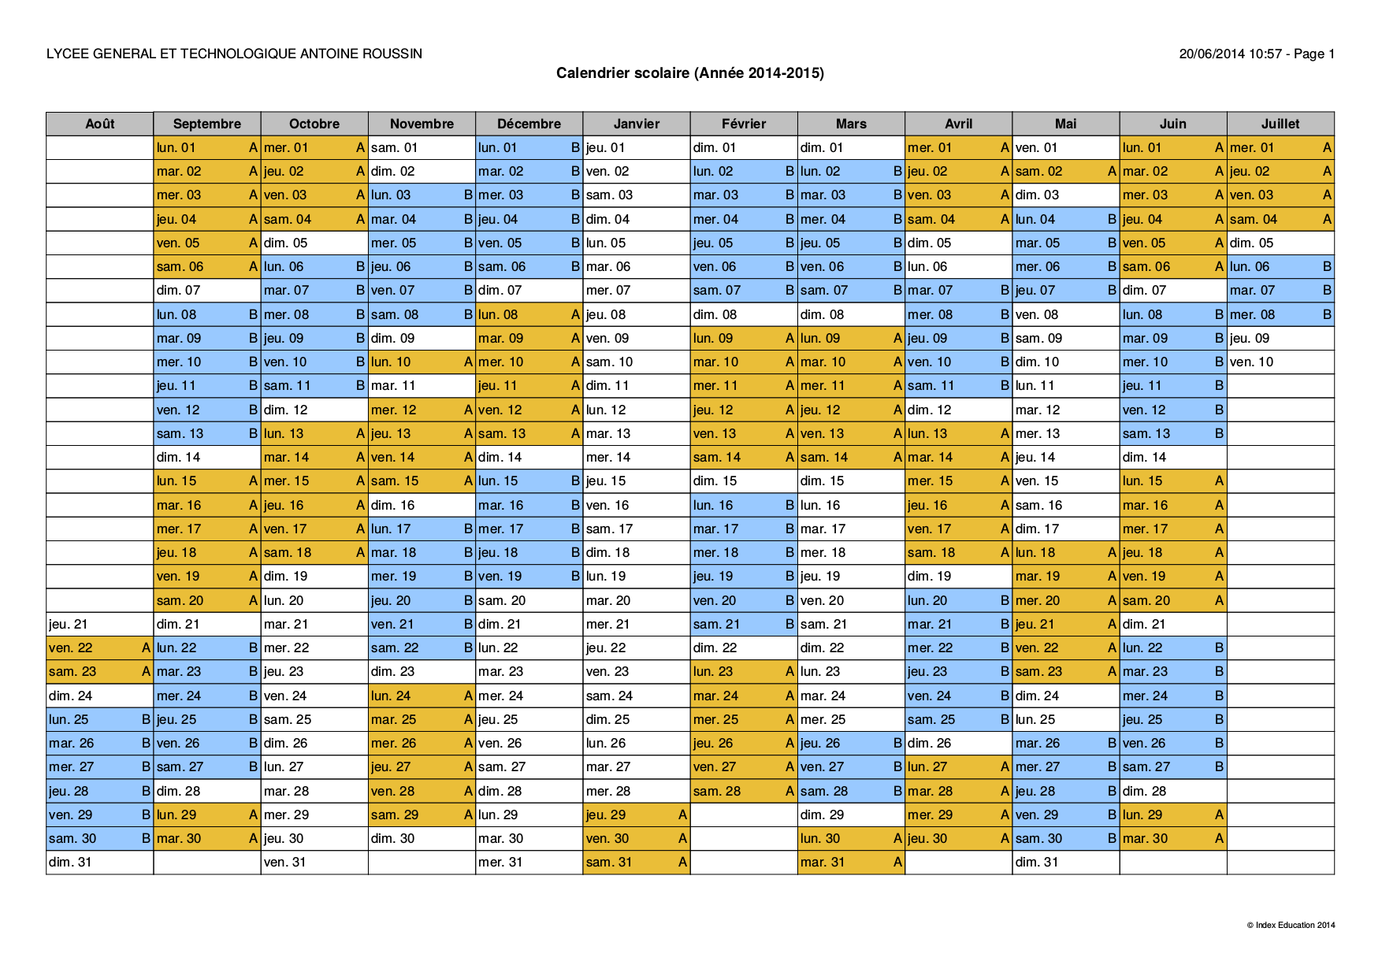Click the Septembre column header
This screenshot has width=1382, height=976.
point(206,124)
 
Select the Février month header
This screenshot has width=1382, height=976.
point(743,124)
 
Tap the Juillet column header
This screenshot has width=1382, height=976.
point(1280,124)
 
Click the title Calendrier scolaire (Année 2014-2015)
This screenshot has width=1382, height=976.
point(690,73)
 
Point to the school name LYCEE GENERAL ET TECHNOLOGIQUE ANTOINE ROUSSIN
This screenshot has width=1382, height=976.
point(234,54)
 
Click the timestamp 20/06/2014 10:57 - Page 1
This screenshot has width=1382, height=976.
point(1256,54)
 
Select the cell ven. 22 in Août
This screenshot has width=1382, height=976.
point(99,648)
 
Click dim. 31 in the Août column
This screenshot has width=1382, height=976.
point(99,862)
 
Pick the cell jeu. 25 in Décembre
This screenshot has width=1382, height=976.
point(529,719)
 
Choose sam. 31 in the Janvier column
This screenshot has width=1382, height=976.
point(636,862)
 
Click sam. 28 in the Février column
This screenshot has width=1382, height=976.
point(743,791)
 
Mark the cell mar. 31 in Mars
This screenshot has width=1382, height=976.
point(851,862)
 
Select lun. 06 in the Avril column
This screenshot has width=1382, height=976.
point(958,266)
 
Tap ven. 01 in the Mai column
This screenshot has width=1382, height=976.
point(1065,147)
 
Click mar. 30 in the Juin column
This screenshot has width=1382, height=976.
point(1172,838)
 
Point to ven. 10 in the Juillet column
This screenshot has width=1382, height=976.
point(1280,362)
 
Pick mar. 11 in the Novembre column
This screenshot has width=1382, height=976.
point(422,385)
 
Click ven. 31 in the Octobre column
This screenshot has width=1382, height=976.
point(314,862)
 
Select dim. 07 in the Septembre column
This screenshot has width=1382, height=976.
point(206,290)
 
